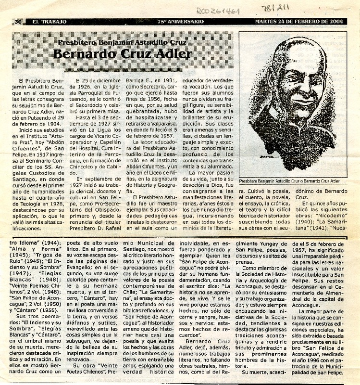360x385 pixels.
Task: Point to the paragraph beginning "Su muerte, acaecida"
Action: pos(264,372)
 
